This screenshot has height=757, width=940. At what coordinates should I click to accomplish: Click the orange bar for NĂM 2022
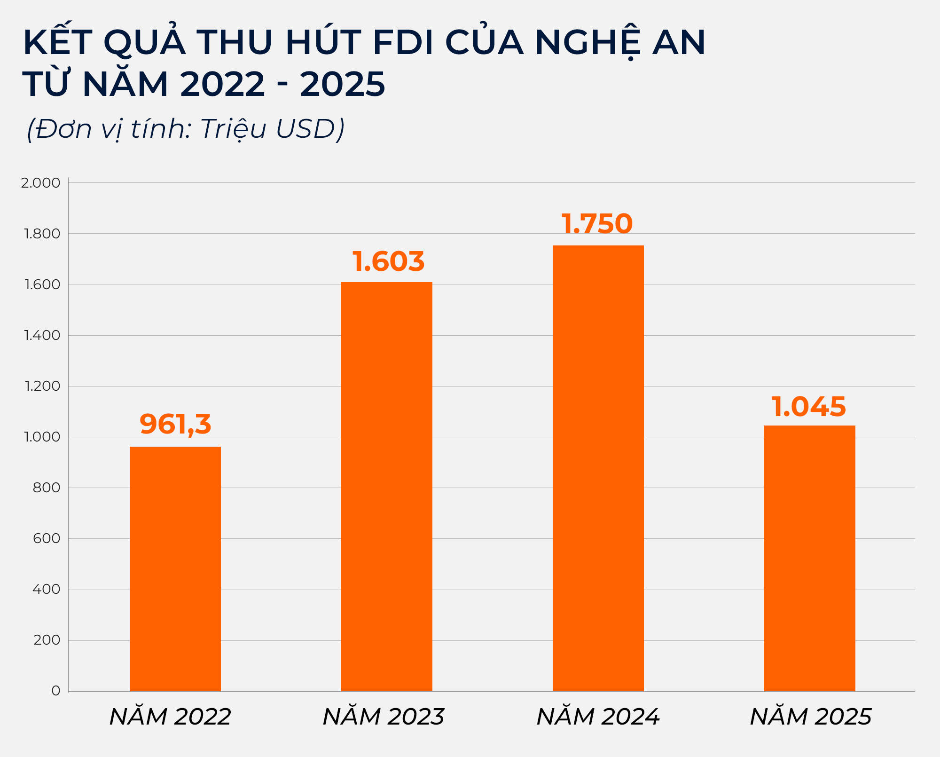(175, 569)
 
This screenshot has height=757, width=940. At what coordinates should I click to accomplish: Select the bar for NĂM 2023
(386, 487)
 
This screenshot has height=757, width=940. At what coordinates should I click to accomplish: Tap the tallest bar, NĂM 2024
(598, 468)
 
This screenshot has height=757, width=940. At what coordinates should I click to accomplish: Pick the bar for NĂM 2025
(809, 558)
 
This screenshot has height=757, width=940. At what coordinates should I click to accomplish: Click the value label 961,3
(175, 424)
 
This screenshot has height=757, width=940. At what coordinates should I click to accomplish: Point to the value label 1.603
(388, 261)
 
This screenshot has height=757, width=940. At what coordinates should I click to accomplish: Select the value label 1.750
(597, 224)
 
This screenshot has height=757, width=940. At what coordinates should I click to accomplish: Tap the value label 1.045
(808, 407)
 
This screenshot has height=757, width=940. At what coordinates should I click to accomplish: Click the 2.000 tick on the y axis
(41, 183)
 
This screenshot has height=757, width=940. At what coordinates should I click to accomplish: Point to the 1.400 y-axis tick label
(42, 335)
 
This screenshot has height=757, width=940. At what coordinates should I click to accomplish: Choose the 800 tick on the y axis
(47, 488)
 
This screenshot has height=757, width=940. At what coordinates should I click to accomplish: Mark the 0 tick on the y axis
(56, 691)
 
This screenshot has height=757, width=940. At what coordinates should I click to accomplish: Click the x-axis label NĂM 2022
(170, 717)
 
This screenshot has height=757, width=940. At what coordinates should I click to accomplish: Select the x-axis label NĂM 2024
(598, 717)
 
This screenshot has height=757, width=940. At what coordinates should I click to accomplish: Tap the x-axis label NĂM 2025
(810, 717)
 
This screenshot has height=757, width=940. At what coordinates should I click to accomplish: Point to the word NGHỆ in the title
(587, 43)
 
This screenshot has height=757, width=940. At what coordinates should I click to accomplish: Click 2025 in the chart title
(343, 85)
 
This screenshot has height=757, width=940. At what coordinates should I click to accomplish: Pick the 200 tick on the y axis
(47, 640)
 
